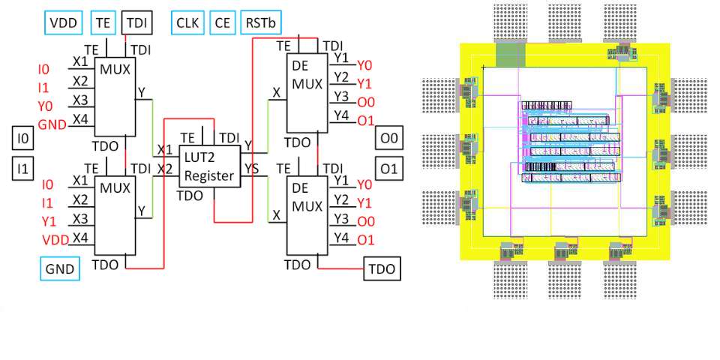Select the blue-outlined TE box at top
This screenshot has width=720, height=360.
coord(103,22)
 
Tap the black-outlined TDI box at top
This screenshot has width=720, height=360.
coord(136,22)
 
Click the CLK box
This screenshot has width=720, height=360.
coord(187,22)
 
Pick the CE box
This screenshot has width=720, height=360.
coord(222,22)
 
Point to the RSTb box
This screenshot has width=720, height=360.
coord(260,22)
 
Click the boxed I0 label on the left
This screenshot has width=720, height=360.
coord(24,138)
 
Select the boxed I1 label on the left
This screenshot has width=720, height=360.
coord(24,169)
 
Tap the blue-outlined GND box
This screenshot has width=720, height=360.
coord(59,268)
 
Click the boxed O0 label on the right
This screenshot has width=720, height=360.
coord(388,138)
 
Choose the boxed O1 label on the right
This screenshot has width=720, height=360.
coord(388,169)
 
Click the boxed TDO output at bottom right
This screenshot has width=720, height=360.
coord(382,268)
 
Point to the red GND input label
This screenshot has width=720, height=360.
coord(52,124)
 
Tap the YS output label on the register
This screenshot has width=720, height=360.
coord(253,169)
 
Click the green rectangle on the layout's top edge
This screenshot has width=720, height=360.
coord(511,53)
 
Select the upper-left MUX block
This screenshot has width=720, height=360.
coord(115,94)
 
